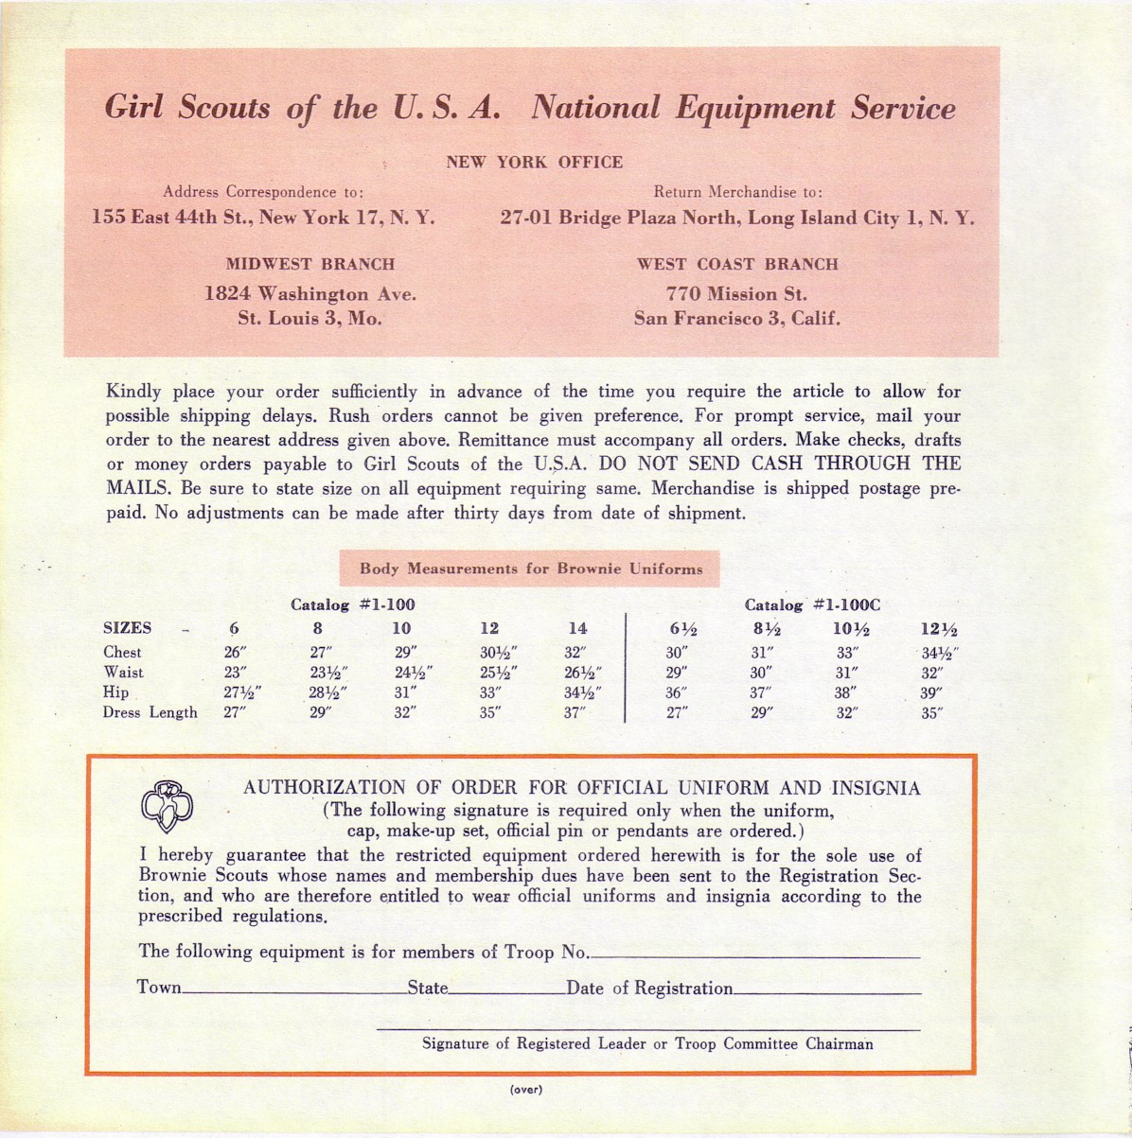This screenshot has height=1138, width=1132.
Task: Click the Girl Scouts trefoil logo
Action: [x=167, y=804]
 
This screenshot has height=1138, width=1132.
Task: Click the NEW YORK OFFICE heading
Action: [x=534, y=162]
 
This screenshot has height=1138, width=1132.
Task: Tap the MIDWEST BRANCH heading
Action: [x=310, y=264]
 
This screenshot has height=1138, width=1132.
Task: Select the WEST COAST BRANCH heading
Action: [x=737, y=264]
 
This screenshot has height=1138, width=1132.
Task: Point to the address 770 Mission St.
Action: [x=736, y=294]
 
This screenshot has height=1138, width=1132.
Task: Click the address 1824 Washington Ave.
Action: [x=310, y=294]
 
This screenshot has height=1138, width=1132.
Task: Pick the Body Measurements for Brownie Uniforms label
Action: [x=531, y=569]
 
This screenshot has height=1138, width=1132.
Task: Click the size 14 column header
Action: [x=577, y=628]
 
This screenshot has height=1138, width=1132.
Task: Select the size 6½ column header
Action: [x=682, y=629]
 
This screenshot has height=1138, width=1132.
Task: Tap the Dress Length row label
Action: [x=150, y=712]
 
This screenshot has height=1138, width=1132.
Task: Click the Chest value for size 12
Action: [x=498, y=652]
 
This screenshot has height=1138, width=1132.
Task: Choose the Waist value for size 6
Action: [x=233, y=673]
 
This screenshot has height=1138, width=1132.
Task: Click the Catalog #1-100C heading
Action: [x=813, y=604]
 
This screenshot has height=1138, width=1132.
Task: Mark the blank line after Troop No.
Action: [x=754, y=957]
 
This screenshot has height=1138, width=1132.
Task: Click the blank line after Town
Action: [x=293, y=993]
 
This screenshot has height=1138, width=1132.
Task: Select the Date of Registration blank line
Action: [x=826, y=993]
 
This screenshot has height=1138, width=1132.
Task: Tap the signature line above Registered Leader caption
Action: [x=647, y=1028]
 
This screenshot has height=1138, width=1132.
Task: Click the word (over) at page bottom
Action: [x=526, y=1090]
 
